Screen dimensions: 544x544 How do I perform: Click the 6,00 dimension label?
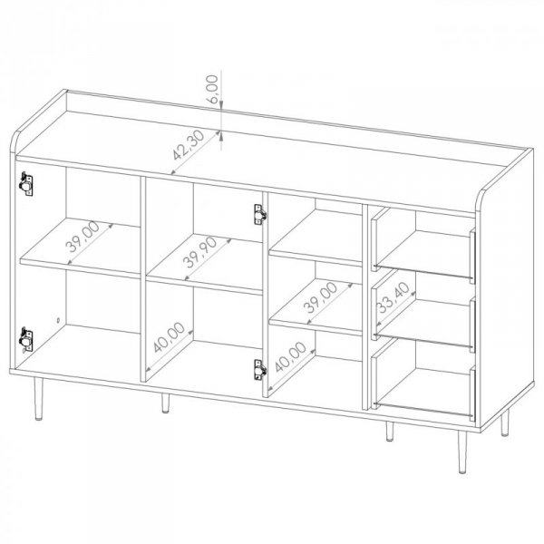(x=212, y=89)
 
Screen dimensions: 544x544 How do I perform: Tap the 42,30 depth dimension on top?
(x=189, y=145)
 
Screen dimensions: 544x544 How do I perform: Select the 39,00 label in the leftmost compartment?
(x=83, y=237)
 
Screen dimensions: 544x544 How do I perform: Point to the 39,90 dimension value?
(x=199, y=252)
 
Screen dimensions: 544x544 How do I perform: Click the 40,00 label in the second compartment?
(x=169, y=337)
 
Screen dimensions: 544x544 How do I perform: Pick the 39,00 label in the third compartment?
(x=320, y=297)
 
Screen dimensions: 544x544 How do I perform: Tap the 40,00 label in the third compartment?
(x=291, y=356)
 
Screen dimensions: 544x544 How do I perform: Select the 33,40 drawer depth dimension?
(x=393, y=297)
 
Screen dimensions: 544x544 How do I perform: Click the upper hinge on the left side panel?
(x=26, y=184)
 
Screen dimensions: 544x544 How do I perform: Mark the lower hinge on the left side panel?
(x=26, y=339)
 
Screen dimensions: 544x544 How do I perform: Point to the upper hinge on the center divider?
(x=260, y=214)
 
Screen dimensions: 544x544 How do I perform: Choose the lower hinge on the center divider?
(x=260, y=370)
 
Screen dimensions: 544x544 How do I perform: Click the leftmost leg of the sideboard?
(x=38, y=399)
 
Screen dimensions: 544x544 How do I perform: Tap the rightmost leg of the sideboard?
(x=505, y=423)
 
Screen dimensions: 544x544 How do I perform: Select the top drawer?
(x=423, y=246)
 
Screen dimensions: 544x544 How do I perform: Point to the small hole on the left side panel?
(x=58, y=320)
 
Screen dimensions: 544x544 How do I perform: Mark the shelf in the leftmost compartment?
(x=80, y=248)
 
